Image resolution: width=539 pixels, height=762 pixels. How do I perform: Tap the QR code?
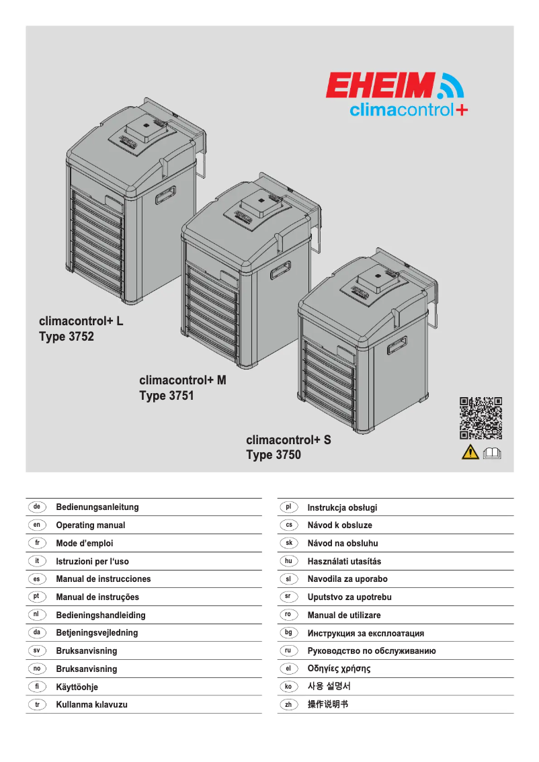(x=481, y=419)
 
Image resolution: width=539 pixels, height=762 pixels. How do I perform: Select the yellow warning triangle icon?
(x=470, y=452)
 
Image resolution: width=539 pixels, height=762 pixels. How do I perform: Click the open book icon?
(x=492, y=452)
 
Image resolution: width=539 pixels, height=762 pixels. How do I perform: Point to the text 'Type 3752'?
(x=67, y=337)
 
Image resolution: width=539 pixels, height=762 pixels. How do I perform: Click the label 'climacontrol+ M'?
(x=183, y=380)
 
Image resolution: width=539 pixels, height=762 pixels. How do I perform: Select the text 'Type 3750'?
(x=274, y=456)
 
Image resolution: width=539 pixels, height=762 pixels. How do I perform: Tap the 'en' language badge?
(x=37, y=524)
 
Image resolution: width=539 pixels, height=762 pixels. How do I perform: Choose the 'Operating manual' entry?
(x=90, y=525)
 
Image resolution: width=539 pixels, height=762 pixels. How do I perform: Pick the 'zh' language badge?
(x=288, y=704)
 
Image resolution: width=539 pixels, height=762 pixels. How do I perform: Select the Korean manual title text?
(x=329, y=686)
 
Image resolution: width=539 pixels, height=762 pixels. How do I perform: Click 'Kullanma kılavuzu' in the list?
(x=91, y=704)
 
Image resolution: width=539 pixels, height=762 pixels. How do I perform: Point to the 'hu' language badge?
(x=288, y=560)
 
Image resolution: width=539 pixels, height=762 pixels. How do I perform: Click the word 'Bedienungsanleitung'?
(x=97, y=507)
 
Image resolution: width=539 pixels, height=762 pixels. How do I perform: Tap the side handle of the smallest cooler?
(x=397, y=346)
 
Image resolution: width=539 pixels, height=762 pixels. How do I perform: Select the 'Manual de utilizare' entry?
(x=343, y=615)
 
